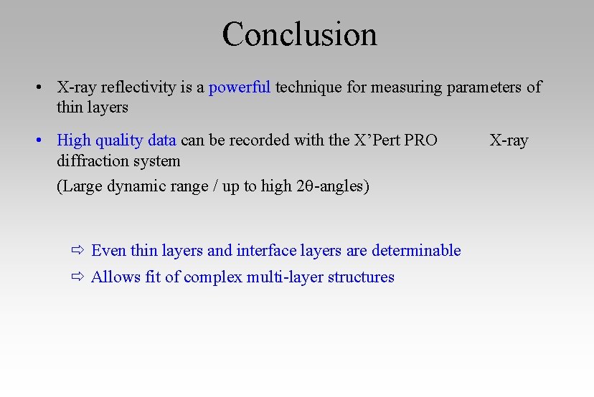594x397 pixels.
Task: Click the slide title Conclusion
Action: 299,34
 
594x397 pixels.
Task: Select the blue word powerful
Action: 239,87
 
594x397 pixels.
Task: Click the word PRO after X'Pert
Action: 420,140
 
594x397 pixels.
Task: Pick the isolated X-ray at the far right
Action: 509,140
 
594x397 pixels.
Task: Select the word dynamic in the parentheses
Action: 136,186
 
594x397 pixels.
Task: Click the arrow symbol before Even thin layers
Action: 77,251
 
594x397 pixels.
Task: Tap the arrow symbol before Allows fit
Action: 77,277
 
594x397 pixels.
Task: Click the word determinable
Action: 416,250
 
